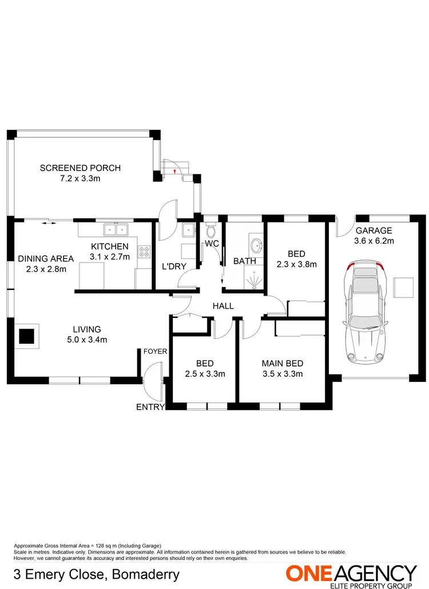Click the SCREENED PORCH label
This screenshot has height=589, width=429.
point(80,168)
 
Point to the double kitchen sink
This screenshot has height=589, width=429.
point(116,230)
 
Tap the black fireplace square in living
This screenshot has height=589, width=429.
point(27,336)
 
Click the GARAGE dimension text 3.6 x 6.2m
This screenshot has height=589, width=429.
point(374,241)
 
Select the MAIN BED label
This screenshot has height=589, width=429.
point(282,363)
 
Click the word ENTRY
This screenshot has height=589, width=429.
point(150,407)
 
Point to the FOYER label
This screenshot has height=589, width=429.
point(156,351)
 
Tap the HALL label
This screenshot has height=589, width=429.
point(223,306)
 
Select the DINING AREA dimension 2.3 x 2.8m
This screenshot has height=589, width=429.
point(46,269)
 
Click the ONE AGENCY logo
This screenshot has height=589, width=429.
point(351,574)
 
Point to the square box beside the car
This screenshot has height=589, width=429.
point(404,288)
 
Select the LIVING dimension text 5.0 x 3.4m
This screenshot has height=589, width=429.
point(86,340)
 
